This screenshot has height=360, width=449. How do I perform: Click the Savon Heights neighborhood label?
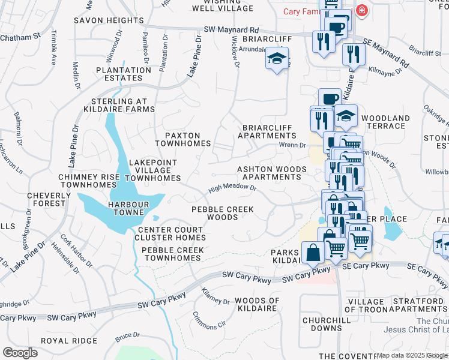(109, 20)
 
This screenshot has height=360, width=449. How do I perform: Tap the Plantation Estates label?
(123, 74)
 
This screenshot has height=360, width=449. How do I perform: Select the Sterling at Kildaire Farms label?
(123, 106)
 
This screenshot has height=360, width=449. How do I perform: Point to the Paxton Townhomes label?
(183, 140)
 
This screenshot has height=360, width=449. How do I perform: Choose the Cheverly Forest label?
(41, 199)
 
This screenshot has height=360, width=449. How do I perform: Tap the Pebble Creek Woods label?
(222, 213)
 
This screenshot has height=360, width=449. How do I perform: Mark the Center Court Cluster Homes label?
(172, 233)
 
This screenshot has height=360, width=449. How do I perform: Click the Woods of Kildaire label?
(257, 304)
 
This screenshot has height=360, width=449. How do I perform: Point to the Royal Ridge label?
(68, 341)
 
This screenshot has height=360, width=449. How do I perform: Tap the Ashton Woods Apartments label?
(271, 173)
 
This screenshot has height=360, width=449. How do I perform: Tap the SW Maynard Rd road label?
(231, 29)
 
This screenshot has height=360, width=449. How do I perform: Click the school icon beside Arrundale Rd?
(277, 60)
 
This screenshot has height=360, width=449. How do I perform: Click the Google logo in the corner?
(20, 353)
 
